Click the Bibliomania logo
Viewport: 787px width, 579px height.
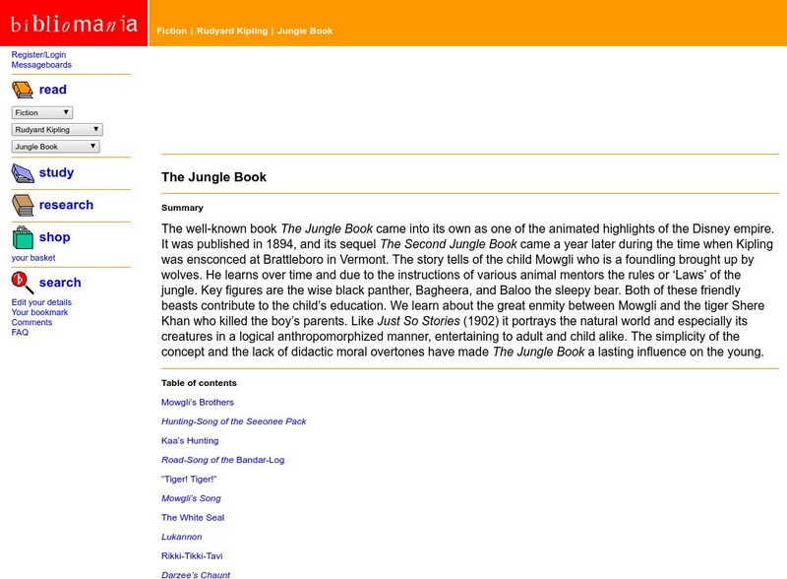(x=74, y=23)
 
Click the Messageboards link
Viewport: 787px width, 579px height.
(x=41, y=65)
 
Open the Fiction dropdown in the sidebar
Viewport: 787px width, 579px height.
(x=42, y=112)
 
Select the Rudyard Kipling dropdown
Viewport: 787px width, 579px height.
(x=57, y=129)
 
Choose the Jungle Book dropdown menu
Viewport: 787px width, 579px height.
(x=55, y=146)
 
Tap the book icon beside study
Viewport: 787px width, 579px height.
(x=23, y=173)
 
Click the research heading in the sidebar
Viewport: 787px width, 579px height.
(x=66, y=205)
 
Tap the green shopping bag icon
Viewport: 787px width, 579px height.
(x=23, y=237)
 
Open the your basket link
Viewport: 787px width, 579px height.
(x=33, y=258)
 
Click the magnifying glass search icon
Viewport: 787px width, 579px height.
(x=23, y=283)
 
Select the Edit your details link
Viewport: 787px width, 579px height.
(x=41, y=302)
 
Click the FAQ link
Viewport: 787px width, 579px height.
(x=20, y=332)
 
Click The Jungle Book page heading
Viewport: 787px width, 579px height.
(x=213, y=177)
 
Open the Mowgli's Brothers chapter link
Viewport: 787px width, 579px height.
(x=198, y=402)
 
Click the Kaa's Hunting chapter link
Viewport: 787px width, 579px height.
(x=190, y=440)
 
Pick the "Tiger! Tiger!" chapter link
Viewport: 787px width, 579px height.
(x=189, y=479)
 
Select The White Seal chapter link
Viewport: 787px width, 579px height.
(x=193, y=517)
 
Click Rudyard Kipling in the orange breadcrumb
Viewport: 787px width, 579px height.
(x=232, y=31)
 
